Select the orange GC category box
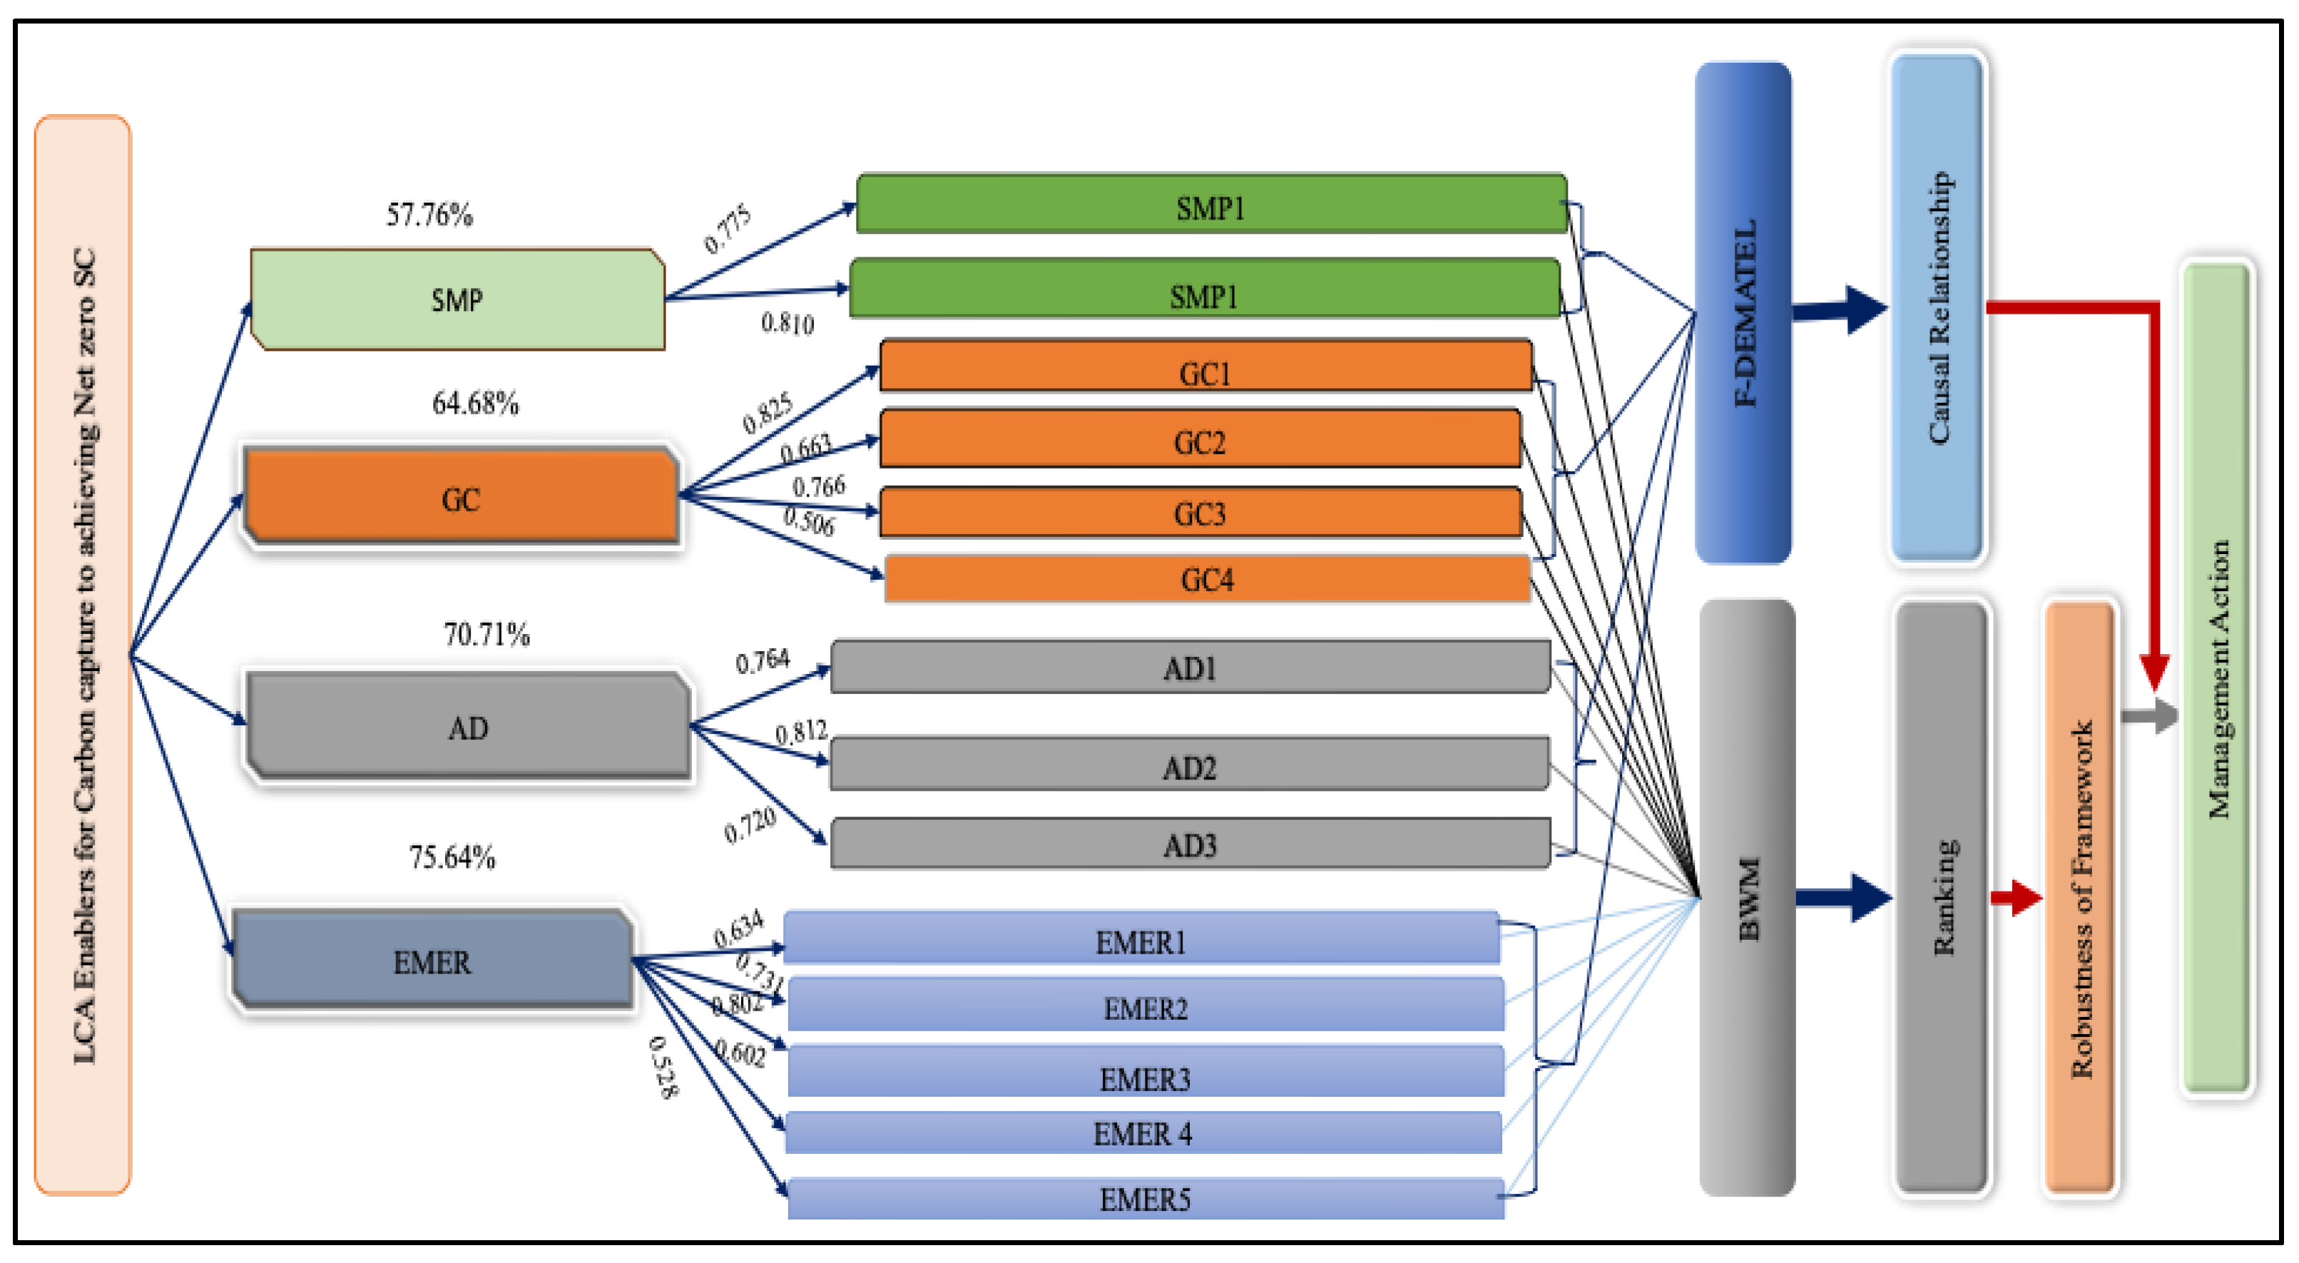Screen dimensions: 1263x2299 [x=461, y=498]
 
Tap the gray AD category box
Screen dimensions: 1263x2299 [x=468, y=727]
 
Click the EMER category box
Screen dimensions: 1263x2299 [x=432, y=961]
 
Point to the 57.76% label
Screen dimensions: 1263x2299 [x=429, y=215]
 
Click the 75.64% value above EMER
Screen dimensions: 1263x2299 [x=452, y=857]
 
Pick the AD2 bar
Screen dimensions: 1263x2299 [x=1189, y=766]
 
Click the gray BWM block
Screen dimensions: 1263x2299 [x=1747, y=897]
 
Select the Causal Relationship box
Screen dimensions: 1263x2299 [x=1937, y=308]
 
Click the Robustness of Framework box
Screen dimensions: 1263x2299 [x=2079, y=897]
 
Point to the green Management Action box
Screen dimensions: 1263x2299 [x=2217, y=678]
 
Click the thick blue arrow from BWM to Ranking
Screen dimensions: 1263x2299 [x=1844, y=897]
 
